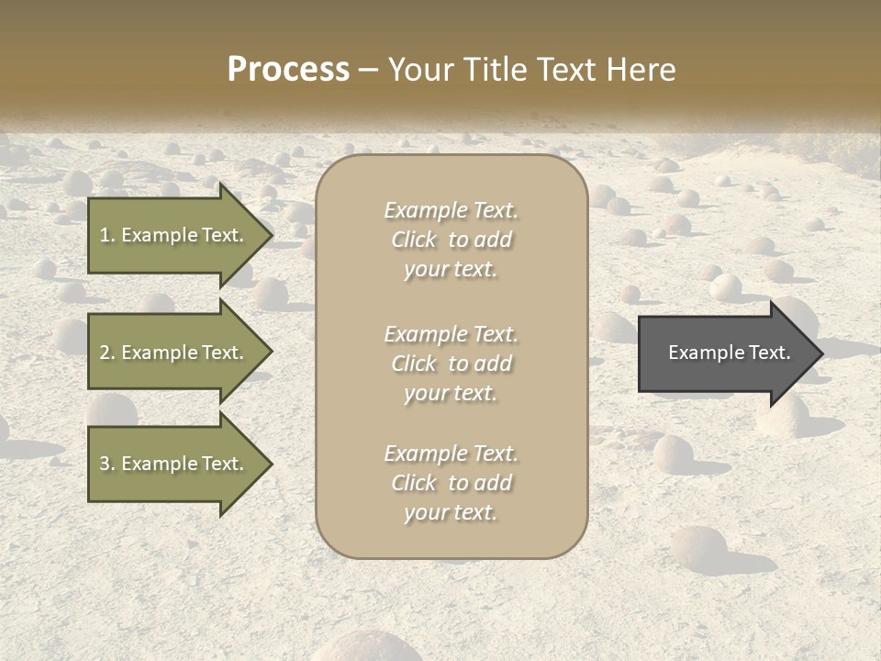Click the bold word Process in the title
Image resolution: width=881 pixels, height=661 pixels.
pos(288,70)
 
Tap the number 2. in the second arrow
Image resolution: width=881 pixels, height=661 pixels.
pos(107,353)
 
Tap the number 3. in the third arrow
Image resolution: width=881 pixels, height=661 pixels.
pos(107,464)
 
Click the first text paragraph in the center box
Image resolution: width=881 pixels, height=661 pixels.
pos(451,240)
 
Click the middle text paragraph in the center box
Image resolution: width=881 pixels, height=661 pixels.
pos(451,364)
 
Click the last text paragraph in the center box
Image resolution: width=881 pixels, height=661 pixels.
pos(451,483)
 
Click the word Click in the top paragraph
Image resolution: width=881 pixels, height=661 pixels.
pos(414,240)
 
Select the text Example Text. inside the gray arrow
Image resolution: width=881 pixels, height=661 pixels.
pos(729,353)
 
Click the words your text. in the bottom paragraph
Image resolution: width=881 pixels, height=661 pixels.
pos(451,512)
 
